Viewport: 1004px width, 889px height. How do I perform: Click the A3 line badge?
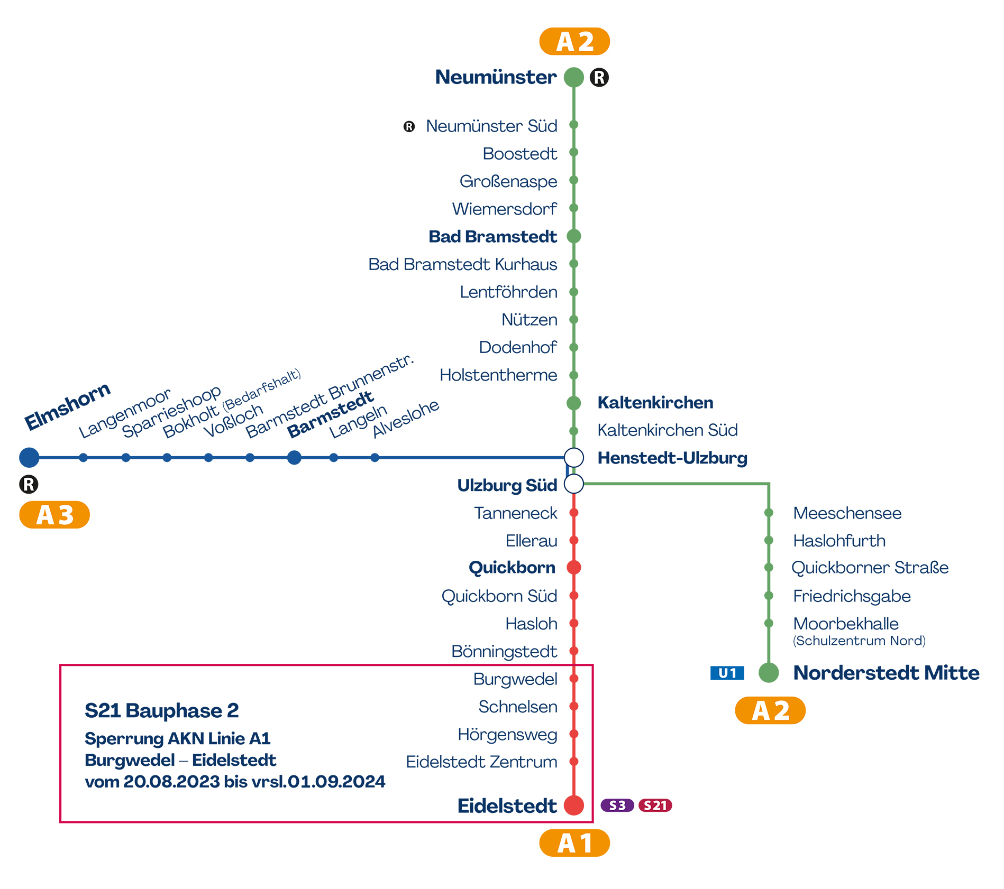pos(54,515)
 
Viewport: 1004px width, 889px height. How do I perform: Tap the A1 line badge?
pos(574,843)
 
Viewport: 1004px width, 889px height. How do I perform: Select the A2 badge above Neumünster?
pos(574,41)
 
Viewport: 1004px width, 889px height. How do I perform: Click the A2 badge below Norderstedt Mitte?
pos(770,710)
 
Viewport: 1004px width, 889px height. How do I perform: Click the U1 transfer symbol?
pos(727,673)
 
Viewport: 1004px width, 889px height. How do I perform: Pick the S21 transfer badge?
pos(655,805)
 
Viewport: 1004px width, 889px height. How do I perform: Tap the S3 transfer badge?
pos(617,805)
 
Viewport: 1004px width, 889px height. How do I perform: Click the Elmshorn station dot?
pos(29,457)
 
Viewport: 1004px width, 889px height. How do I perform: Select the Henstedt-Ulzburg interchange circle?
pos(574,457)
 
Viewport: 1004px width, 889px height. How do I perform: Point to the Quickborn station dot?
pos(574,567)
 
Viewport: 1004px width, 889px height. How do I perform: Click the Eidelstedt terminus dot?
pos(574,805)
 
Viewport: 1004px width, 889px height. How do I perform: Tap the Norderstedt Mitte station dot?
pos(769,672)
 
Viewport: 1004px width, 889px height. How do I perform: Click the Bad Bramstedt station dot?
pos(574,236)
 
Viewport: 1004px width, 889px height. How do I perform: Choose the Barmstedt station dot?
pos(294,457)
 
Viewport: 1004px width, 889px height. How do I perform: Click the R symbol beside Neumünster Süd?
pos(409,126)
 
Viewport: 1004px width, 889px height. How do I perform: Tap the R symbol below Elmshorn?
pos(29,484)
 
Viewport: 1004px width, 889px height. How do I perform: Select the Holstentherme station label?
pos(498,375)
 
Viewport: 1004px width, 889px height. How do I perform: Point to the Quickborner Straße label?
pos(870,568)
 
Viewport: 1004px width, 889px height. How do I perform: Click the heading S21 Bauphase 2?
pos(162,710)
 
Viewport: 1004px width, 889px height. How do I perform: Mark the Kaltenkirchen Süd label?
pos(668,430)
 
